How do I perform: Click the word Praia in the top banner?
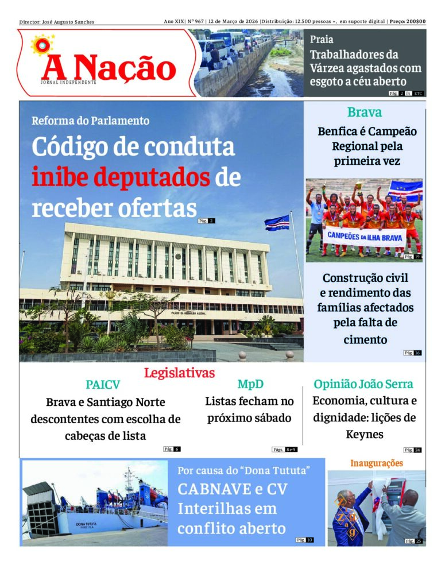pyautogui.click(x=322, y=40)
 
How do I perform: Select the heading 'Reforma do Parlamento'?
pyautogui.click(x=90, y=121)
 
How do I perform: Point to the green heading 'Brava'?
pyautogui.click(x=364, y=112)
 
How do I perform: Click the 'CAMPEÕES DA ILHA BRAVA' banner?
pyautogui.click(x=366, y=236)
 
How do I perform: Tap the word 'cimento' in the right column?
pyautogui.click(x=365, y=339)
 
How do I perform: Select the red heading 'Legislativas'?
pyautogui.click(x=179, y=373)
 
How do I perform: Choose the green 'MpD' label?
pyautogui.click(x=250, y=384)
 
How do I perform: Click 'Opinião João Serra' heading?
pyautogui.click(x=363, y=384)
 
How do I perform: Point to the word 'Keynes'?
pyautogui.click(x=364, y=434)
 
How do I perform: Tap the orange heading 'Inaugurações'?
pyautogui.click(x=377, y=463)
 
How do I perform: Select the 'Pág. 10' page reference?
pyautogui.click(x=305, y=540)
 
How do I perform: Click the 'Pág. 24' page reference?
pyautogui.click(x=412, y=450)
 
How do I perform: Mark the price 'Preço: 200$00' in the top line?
pyautogui.click(x=408, y=22)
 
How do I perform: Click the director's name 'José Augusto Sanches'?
pyautogui.click(x=68, y=22)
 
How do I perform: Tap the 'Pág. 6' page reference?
pyautogui.click(x=172, y=449)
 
